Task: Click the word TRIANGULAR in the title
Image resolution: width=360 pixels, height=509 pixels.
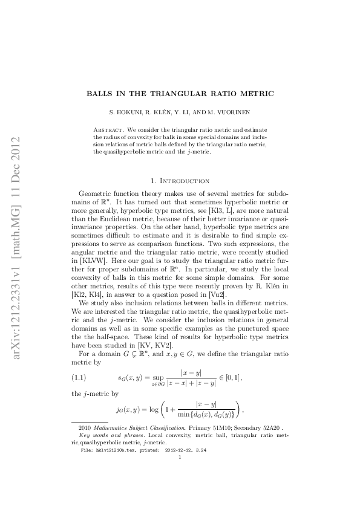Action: point(174,94)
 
